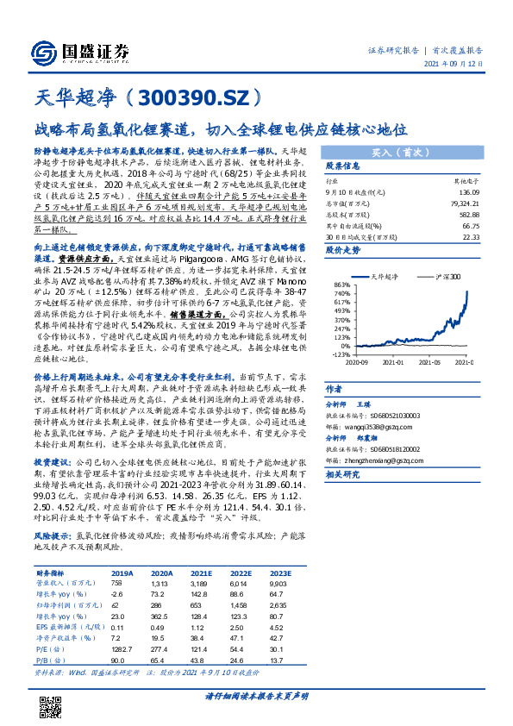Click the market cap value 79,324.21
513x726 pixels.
[x=465, y=203]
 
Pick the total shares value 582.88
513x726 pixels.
[x=468, y=213]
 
